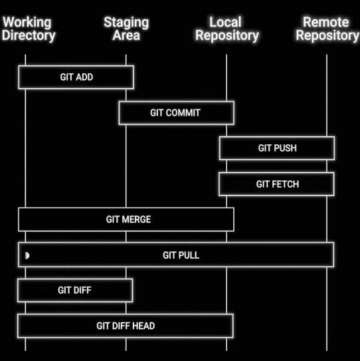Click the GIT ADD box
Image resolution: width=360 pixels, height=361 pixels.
pos(76,77)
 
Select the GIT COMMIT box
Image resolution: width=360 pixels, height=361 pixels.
pos(176,113)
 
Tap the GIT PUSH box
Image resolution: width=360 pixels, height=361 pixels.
pos(277,148)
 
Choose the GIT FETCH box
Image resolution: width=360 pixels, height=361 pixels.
pos(277,184)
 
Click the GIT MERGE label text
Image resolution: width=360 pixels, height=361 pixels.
pos(128,219)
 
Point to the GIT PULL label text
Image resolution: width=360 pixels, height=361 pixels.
pos(181,255)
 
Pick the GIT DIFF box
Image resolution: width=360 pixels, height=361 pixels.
pos(75,291)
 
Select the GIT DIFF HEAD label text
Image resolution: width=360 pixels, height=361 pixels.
pos(126,326)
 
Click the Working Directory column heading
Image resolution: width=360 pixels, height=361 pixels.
pos(28,29)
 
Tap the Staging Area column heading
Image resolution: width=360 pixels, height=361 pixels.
pos(126,29)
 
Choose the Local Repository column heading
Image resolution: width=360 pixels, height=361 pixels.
pos(226,29)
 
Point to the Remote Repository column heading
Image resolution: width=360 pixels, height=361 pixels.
pos(327,29)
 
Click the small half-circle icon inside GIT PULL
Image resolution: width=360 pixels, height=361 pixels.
pos(27,255)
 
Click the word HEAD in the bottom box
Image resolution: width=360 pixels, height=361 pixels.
pos(142,326)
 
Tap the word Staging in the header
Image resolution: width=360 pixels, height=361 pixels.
pos(126,23)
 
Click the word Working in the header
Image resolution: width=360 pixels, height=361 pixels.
pos(27,23)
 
